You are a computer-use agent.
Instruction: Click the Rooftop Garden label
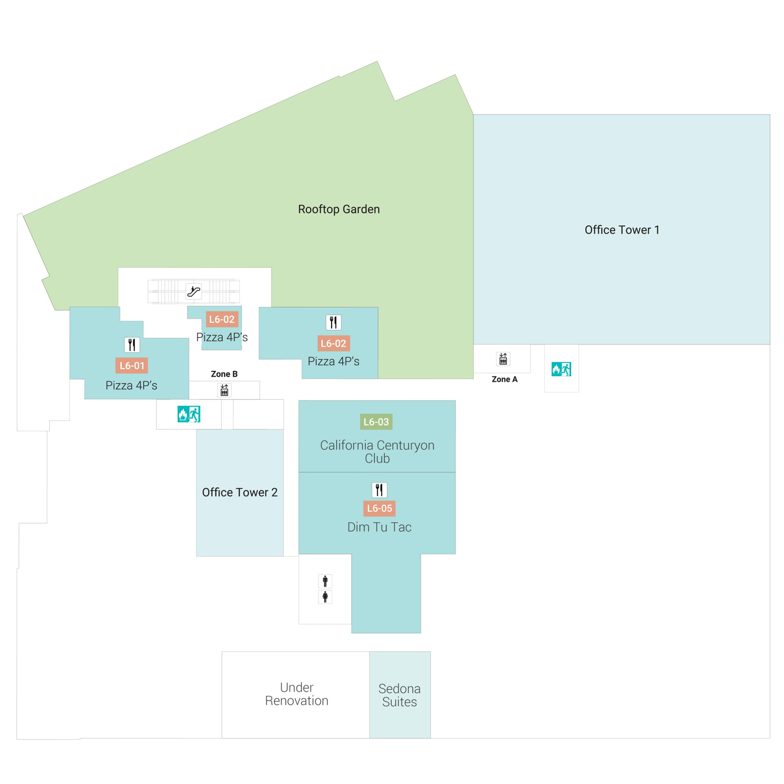click(339, 209)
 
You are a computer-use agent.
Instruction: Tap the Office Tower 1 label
click(622, 230)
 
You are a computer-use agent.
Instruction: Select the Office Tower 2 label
click(240, 492)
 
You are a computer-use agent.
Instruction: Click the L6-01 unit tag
click(132, 366)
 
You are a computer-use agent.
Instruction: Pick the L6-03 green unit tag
click(376, 422)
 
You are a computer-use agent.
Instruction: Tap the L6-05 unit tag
click(379, 508)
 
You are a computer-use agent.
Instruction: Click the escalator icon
click(194, 291)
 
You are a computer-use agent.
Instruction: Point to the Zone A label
click(504, 379)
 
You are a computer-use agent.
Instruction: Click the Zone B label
click(224, 374)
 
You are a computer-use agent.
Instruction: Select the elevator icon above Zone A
click(503, 359)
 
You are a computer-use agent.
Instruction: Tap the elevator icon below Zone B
click(224, 390)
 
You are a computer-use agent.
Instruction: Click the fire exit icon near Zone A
click(561, 369)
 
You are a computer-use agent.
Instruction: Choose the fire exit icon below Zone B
click(189, 414)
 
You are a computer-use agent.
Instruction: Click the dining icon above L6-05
click(379, 490)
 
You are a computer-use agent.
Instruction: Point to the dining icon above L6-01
click(132, 344)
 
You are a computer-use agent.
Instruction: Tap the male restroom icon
click(325, 581)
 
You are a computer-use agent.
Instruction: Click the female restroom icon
click(325, 597)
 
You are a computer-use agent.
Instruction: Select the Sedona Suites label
click(399, 695)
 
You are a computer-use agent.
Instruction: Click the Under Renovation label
click(296, 694)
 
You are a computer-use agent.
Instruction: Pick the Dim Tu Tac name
click(379, 527)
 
